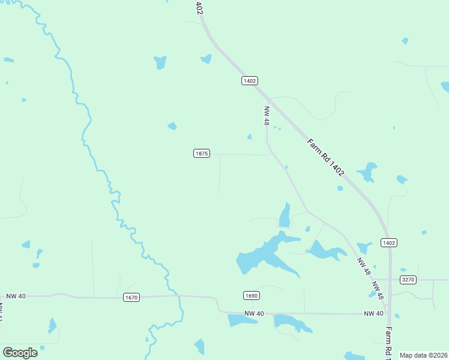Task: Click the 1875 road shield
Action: (201, 154)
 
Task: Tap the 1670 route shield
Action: (131, 297)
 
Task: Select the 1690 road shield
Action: (252, 295)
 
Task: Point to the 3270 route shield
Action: (408, 279)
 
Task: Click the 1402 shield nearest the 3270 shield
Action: (388, 242)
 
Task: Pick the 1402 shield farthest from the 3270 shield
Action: (250, 80)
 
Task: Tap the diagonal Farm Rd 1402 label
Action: (325, 157)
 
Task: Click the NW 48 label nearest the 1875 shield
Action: (267, 116)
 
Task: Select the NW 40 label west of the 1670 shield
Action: (17, 296)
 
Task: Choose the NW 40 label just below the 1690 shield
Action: (254, 314)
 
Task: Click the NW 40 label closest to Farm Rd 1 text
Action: (373, 314)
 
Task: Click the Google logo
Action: (20, 353)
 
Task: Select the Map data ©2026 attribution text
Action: (423, 355)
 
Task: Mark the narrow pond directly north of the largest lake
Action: (285, 215)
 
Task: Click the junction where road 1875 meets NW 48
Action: (268, 155)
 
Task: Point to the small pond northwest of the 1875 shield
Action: (172, 126)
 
